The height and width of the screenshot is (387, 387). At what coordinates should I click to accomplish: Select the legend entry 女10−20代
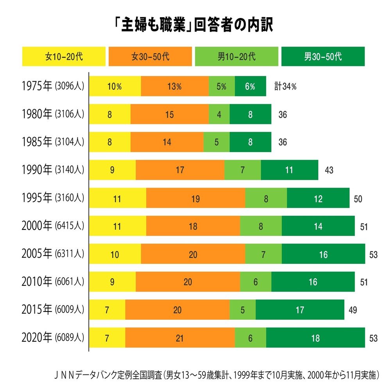tap(64, 56)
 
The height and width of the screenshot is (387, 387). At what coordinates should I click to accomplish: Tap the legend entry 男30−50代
tap(323, 56)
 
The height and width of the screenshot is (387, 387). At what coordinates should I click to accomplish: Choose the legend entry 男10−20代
tap(236, 56)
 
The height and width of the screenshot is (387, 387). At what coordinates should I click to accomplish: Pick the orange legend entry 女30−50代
tap(150, 56)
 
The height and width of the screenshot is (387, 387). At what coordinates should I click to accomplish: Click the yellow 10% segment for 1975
tap(115, 86)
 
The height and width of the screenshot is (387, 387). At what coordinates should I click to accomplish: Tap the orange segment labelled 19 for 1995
tap(195, 198)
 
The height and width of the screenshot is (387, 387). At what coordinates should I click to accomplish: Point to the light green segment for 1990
tap(242, 170)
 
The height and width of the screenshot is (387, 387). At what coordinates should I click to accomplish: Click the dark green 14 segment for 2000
tap(318, 226)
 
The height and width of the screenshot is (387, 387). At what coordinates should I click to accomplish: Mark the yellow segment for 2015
tap(107, 310)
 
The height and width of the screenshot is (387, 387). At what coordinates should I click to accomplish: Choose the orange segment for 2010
tap(188, 282)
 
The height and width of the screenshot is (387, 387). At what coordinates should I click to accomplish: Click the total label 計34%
tap(285, 86)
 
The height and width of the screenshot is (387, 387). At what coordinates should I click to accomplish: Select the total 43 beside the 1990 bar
tap(329, 170)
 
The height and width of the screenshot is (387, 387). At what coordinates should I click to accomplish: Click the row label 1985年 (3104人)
tap(54, 142)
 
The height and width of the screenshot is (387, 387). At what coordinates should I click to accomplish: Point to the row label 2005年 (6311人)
tap(54, 254)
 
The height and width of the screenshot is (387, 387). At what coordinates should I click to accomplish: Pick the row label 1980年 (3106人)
tap(54, 114)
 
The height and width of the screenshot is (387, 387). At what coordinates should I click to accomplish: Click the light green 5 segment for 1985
tap(216, 142)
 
